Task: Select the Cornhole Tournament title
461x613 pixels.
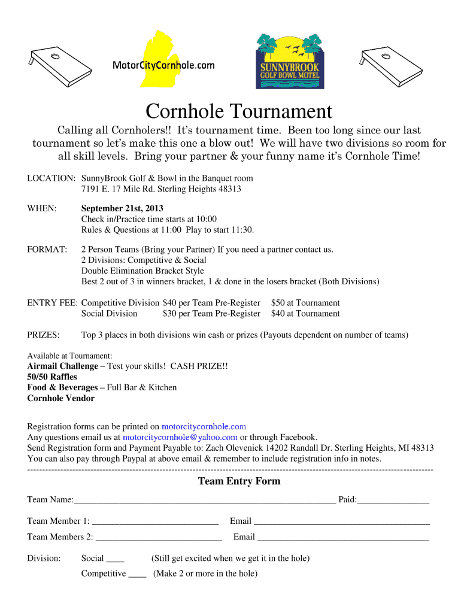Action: coord(239,111)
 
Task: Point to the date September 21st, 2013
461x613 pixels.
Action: coord(122,208)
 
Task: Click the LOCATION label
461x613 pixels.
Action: coord(51,178)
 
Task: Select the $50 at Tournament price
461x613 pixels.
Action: coord(305,303)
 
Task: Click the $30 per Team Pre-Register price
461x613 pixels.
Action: coord(211,314)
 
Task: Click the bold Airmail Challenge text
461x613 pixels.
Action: coord(63,366)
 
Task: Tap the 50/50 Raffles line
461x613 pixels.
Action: coord(52,377)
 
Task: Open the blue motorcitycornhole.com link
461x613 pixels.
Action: coord(204,427)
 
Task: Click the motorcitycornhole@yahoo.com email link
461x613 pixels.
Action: coord(180,438)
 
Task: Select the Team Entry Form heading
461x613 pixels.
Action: coord(239,481)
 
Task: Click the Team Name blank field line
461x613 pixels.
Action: coord(204,501)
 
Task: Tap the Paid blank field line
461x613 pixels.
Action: coord(393,501)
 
